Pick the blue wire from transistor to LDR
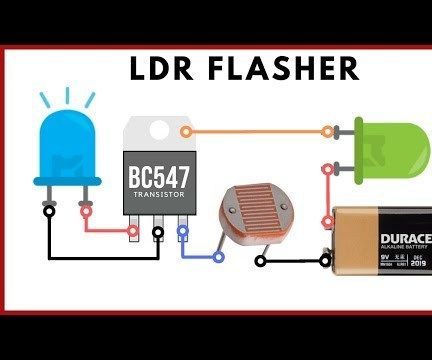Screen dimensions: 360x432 pyautogui.click(x=196, y=255)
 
